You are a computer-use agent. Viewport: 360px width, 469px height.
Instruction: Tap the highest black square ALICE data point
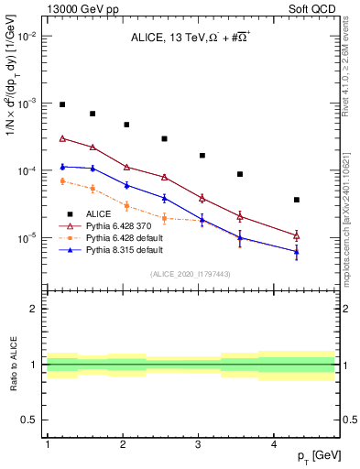[62, 104]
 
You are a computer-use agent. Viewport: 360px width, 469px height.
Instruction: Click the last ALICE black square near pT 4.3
[297, 200]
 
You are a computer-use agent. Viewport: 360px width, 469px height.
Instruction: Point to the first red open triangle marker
[62, 138]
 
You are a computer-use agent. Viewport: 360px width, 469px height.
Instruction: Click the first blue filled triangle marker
[62, 166]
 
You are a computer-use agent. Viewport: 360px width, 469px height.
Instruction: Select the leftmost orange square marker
[62, 181]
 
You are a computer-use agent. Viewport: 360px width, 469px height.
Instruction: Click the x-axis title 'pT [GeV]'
[314, 456]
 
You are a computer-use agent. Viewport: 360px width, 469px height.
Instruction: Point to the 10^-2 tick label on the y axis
[28, 37]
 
